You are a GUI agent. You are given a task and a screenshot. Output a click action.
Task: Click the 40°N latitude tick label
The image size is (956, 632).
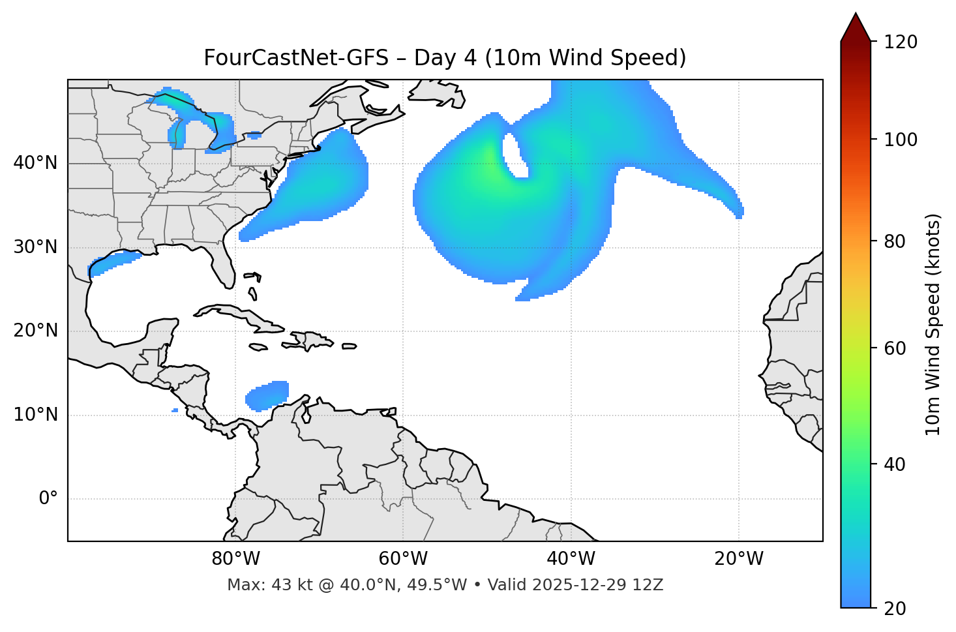click(35, 163)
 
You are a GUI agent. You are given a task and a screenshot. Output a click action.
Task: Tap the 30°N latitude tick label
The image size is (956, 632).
click(35, 247)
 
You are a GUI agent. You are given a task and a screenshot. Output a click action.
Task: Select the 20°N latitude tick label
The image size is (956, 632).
click(35, 331)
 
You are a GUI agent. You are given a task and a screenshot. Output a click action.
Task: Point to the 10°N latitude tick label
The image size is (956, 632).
click(35, 415)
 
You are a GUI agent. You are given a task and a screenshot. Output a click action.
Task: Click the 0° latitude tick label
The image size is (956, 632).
click(48, 499)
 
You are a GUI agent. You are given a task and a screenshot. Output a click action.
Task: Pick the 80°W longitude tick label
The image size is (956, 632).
click(235, 559)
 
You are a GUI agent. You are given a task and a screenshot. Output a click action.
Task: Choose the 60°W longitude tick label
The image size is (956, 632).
click(403, 559)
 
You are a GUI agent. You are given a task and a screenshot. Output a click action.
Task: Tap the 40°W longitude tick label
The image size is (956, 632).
click(571, 559)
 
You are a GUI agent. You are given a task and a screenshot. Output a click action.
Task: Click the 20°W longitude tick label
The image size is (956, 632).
click(738, 559)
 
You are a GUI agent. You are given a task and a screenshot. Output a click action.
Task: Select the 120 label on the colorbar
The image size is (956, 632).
click(901, 42)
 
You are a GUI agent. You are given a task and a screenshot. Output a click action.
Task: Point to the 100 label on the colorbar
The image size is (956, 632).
click(901, 140)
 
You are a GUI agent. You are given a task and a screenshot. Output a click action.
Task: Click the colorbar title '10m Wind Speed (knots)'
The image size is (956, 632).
click(933, 324)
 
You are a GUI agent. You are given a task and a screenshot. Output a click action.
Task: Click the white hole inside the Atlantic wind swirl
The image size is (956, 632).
click(515, 155)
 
